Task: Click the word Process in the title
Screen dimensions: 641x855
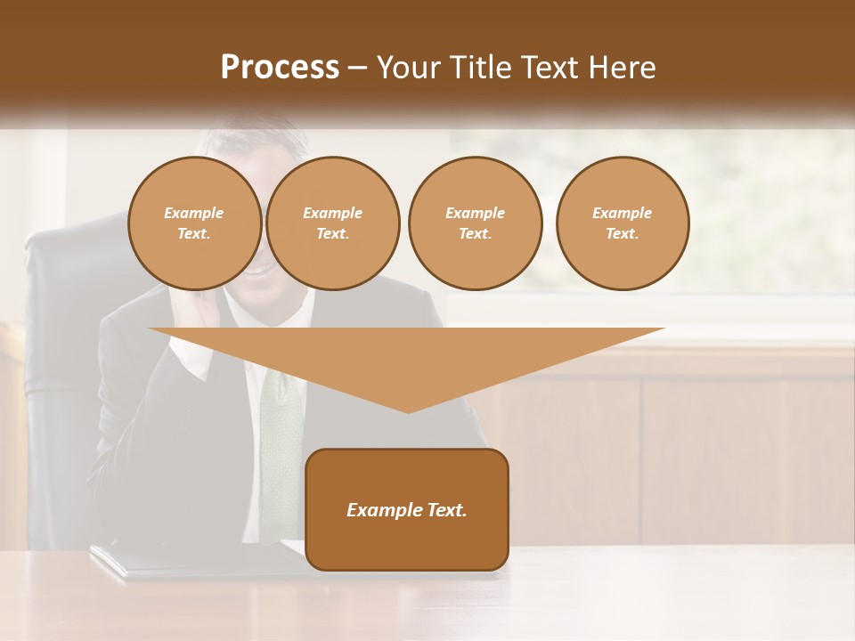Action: (280, 68)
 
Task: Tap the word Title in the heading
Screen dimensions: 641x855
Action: (477, 68)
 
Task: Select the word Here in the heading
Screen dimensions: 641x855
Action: (623, 68)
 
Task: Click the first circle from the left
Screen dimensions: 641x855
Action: (194, 223)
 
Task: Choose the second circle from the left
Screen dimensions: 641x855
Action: (332, 223)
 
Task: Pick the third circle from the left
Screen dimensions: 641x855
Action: (475, 223)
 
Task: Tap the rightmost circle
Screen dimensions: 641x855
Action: (623, 223)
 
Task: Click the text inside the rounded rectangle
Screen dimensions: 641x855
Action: (407, 510)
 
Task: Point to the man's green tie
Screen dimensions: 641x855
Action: (280, 427)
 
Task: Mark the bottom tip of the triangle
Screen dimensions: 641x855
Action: (408, 410)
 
